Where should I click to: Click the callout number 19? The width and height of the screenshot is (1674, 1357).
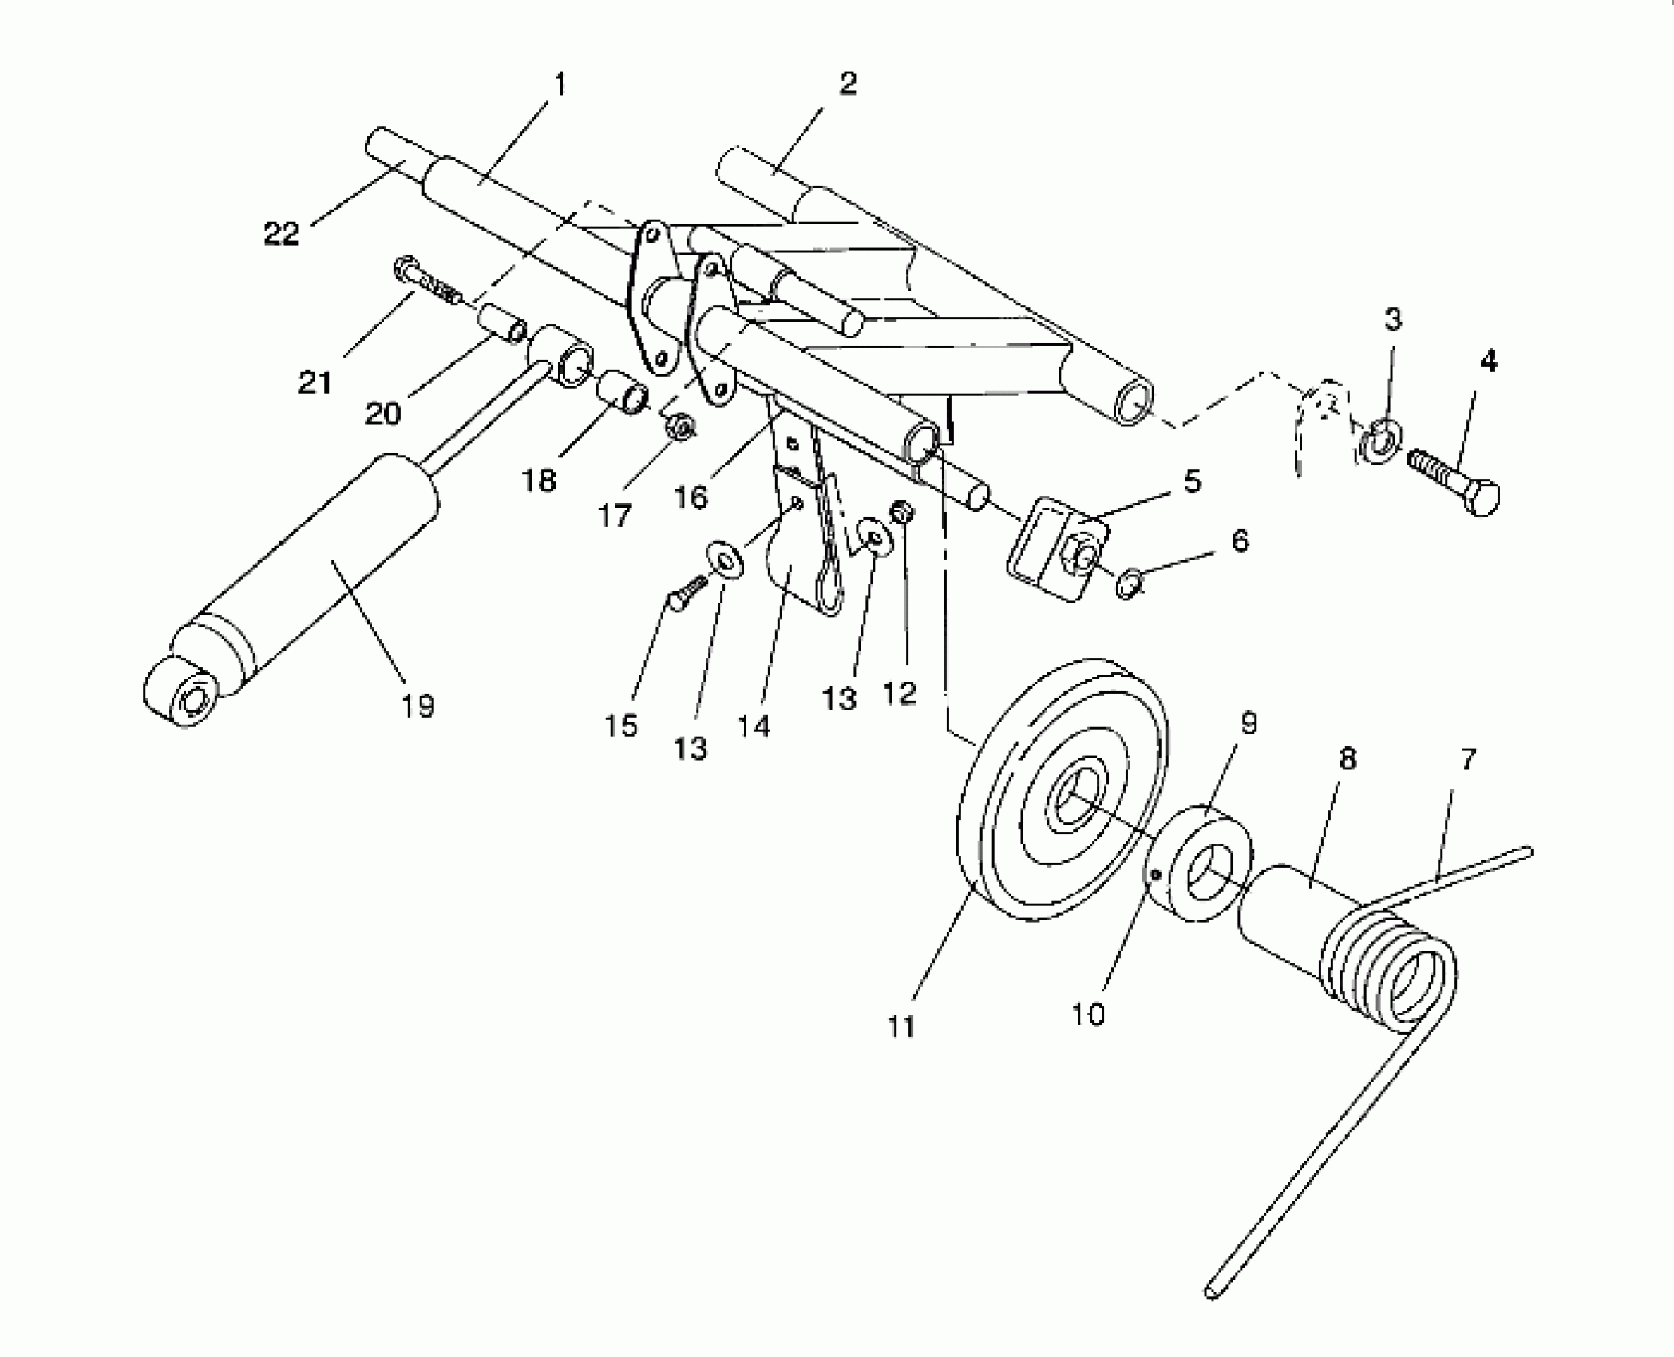point(418,706)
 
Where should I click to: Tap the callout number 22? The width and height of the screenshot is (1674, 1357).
point(281,234)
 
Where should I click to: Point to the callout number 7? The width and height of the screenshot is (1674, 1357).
point(1467,759)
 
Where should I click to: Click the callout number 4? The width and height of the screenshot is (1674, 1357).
point(1488,362)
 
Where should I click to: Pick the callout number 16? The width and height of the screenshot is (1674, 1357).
point(691,497)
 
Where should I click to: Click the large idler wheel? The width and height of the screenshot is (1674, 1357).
point(1062,790)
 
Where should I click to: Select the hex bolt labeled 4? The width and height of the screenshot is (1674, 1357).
point(1453,482)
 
